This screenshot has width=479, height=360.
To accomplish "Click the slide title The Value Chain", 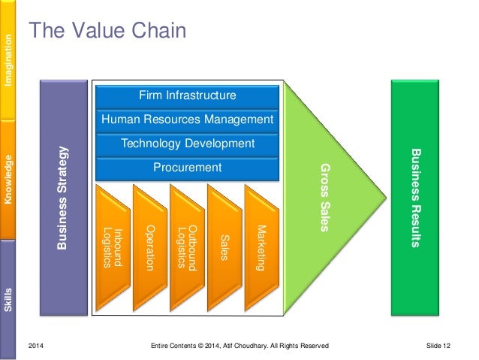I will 107,31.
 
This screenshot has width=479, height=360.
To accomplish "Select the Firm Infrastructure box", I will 188,95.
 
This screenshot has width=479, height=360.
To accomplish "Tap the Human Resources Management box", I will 188,119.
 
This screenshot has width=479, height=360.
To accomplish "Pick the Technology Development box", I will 188,144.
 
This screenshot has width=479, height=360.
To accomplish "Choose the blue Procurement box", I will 188,168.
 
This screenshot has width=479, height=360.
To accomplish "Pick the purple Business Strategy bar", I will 63,197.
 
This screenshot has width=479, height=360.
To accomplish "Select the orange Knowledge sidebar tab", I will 8,179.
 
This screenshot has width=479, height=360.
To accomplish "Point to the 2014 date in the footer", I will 36,345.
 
